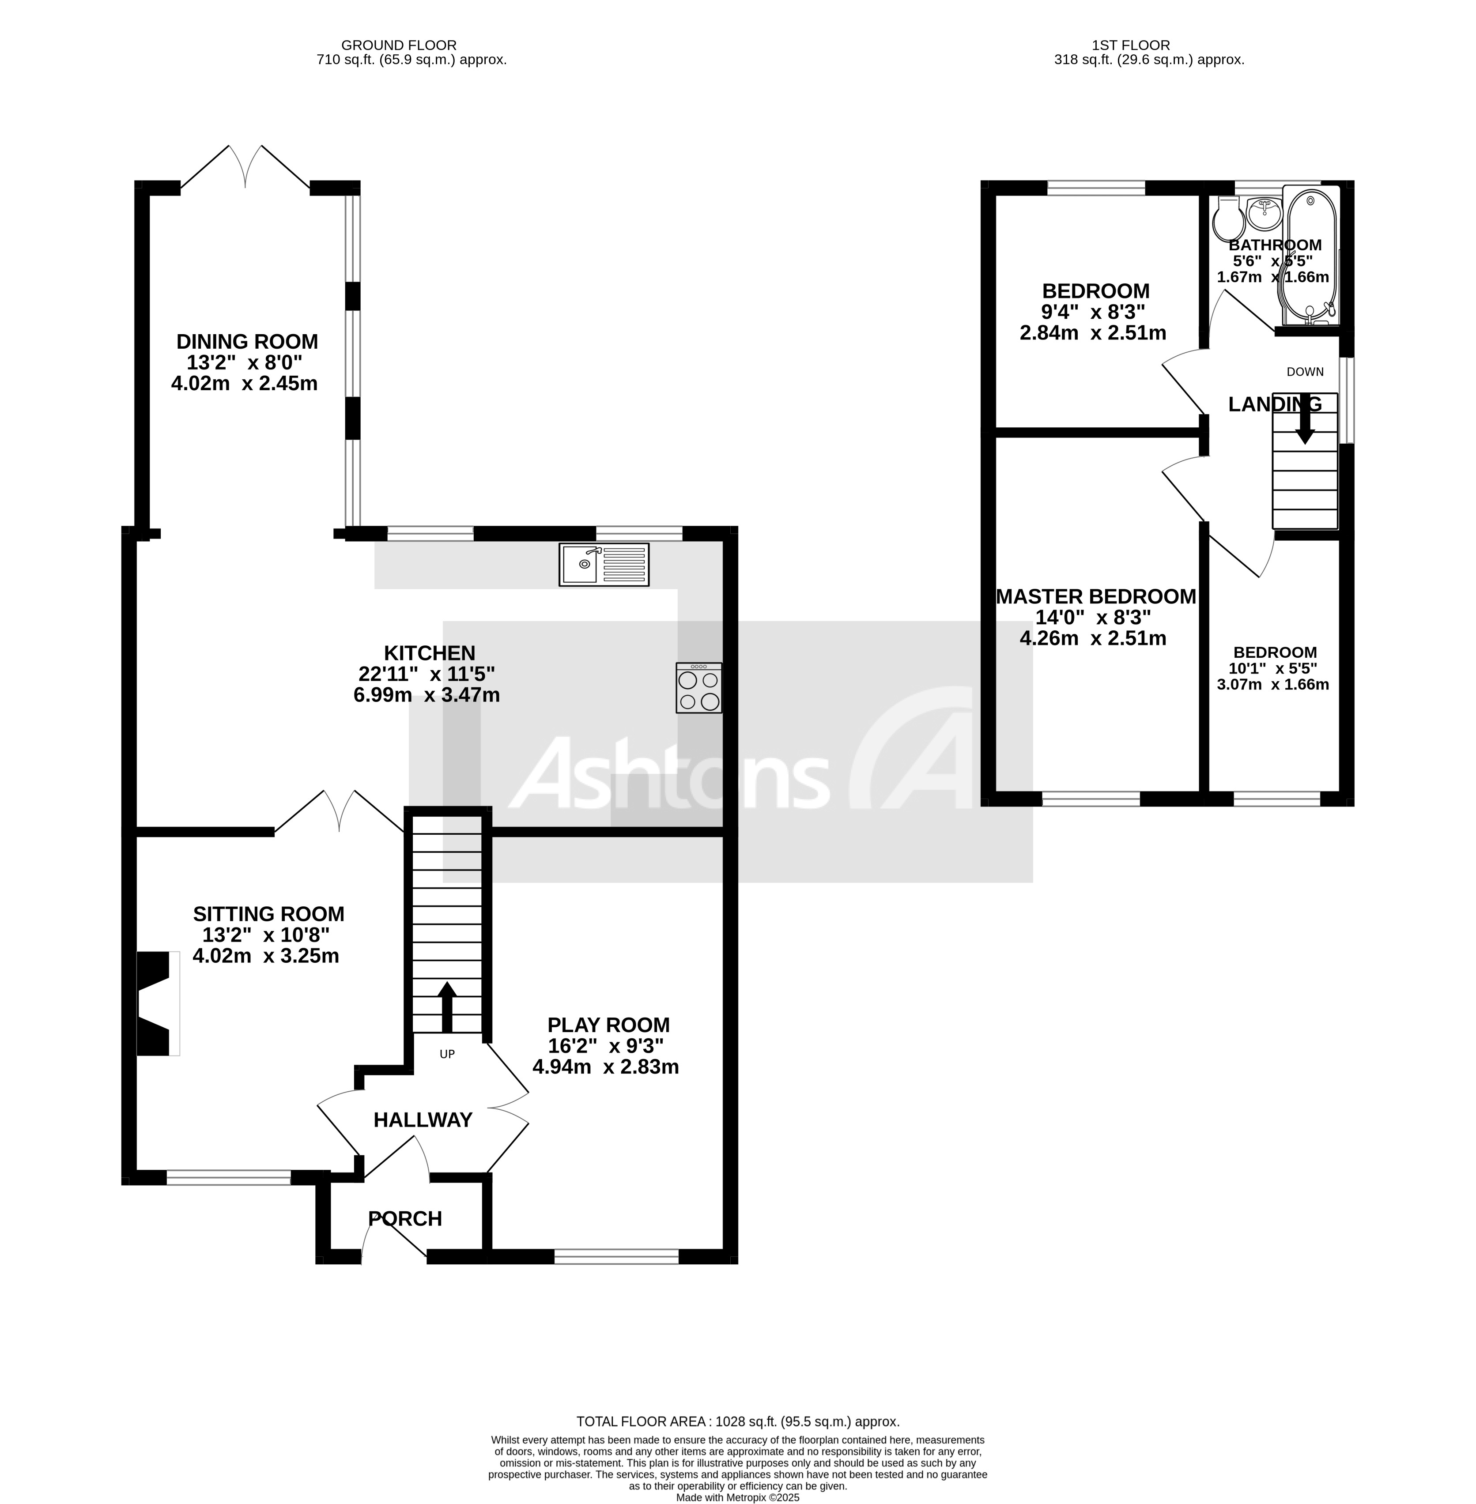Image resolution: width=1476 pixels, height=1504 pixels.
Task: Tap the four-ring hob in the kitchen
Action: tap(698, 688)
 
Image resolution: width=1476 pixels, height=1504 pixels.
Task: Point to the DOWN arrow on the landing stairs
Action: tap(1306, 422)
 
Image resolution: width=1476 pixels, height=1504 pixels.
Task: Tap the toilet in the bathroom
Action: tap(1228, 219)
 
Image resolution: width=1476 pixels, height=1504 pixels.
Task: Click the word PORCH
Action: tap(405, 1219)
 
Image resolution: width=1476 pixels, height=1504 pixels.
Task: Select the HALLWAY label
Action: tap(423, 1120)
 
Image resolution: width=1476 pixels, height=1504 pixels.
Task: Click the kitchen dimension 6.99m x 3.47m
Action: tap(427, 695)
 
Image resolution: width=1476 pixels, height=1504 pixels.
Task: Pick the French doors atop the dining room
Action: tap(246, 167)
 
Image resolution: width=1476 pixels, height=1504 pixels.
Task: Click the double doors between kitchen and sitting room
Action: tap(339, 812)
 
